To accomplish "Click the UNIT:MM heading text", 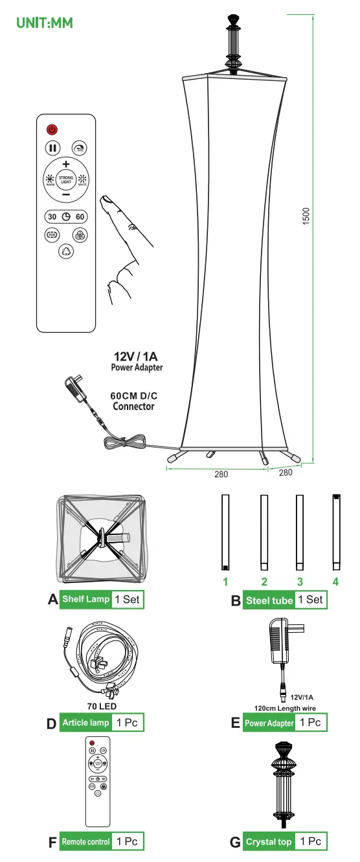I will [x=45, y=23].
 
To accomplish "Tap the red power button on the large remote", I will [x=52, y=130].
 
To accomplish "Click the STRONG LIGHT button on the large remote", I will [x=66, y=179].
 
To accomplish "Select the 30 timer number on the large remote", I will [x=52, y=216].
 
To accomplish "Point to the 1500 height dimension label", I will [x=306, y=216].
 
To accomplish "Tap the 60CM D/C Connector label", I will [x=133, y=400].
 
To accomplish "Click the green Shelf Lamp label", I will [x=85, y=599].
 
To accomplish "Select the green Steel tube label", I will [x=269, y=600].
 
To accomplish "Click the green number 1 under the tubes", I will [x=226, y=581].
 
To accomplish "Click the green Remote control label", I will [x=85, y=842].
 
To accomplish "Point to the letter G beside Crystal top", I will [x=235, y=843].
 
